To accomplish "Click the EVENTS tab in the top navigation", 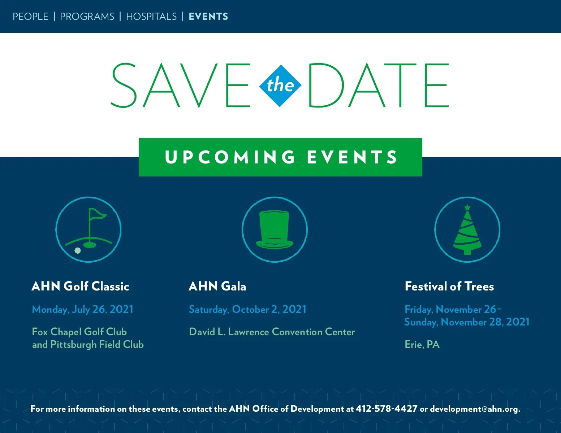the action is click(208, 17).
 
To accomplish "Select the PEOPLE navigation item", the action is click(30, 17).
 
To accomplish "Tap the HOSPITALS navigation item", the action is click(151, 17).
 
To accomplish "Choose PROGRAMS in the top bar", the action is click(87, 17).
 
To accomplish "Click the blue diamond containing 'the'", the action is click(280, 86).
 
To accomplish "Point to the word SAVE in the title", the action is click(181, 85).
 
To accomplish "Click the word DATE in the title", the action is click(379, 85).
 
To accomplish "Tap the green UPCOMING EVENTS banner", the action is click(280, 157).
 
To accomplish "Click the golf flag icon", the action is click(89, 229).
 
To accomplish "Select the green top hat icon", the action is click(275, 229).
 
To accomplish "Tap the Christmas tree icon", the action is click(467, 229).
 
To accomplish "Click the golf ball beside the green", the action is click(77, 250).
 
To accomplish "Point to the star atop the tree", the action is click(467, 207).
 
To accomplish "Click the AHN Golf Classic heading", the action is click(80, 286).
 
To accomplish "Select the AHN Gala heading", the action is click(217, 286).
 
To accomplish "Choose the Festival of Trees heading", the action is click(449, 286).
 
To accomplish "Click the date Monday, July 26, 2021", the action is click(83, 310).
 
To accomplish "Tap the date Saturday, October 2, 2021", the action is click(247, 310).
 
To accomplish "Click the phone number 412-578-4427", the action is click(387, 409).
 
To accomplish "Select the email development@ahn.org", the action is click(475, 409).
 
